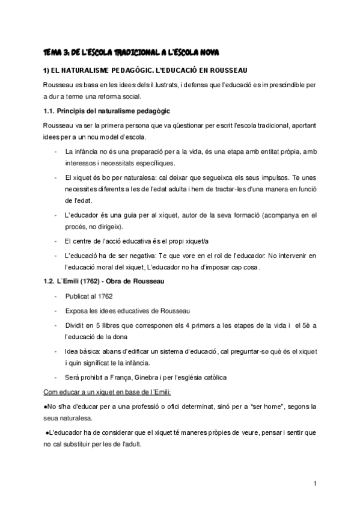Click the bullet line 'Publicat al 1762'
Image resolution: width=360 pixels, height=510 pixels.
89,297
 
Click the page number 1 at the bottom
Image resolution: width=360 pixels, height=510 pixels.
315,484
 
